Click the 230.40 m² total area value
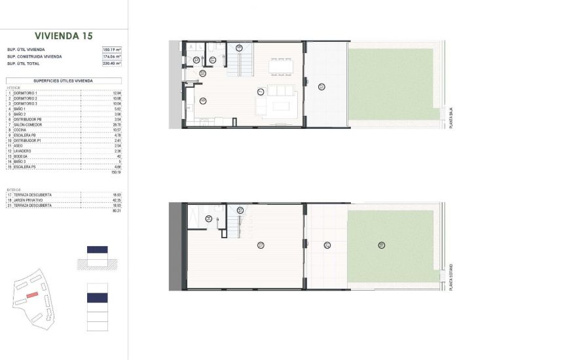pos(112,63)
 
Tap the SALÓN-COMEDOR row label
pos(26,124)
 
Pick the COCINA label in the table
pos(20,130)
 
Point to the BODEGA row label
pos(20,156)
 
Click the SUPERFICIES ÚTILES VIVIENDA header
pos(63,81)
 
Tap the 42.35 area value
pos(117,200)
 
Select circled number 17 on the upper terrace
pos(321,86)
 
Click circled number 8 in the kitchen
pos(203,99)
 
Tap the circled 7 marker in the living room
pos(261,91)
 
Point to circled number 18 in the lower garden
pos(381,245)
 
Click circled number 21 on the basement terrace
pos(326,245)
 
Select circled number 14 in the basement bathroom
pos(208,219)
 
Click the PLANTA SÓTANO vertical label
pos(451,278)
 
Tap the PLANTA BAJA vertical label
pos(451,117)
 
